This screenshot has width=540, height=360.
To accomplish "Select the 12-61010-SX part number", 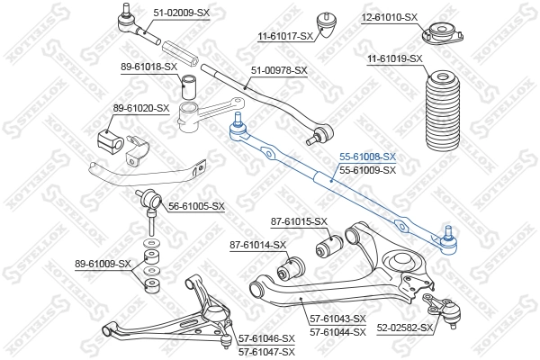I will [x=391, y=17].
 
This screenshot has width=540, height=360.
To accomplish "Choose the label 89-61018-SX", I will [x=149, y=67].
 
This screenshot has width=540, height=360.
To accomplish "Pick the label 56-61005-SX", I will [x=196, y=206].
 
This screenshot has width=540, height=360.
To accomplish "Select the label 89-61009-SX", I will [x=103, y=265].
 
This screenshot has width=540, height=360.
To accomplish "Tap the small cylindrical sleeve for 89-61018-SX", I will [x=191, y=87].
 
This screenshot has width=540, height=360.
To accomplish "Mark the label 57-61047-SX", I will [x=266, y=351].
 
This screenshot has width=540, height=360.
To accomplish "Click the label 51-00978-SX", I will [x=279, y=70].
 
